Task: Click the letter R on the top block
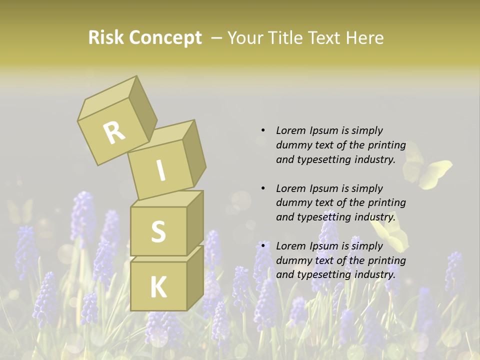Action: (x=114, y=132)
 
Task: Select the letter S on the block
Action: (x=158, y=231)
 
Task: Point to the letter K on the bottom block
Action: (x=158, y=287)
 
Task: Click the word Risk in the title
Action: (x=106, y=37)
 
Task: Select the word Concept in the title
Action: (x=165, y=37)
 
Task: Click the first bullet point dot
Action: (x=263, y=130)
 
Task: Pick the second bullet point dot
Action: (x=263, y=188)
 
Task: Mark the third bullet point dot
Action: (x=263, y=246)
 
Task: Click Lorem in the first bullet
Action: (x=290, y=130)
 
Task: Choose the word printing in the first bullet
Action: (x=387, y=145)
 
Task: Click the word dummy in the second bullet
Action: (x=292, y=202)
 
